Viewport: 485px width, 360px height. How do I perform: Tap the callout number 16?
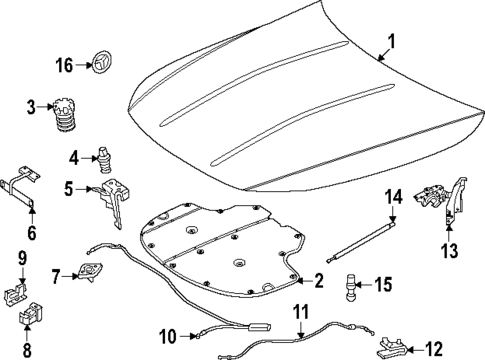coord(64,66)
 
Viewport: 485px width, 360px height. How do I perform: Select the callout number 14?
coord(393,195)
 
